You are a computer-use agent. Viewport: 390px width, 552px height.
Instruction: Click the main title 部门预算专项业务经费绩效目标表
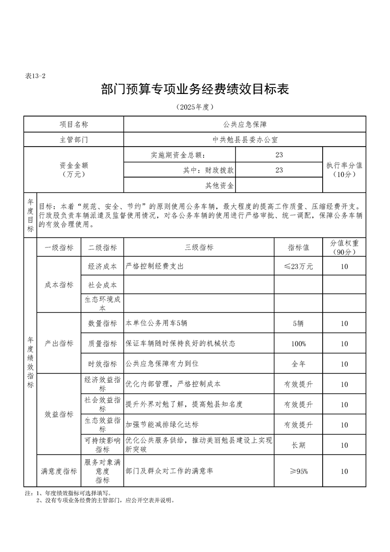point(195,90)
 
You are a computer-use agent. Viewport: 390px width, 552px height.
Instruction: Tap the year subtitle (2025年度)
point(195,107)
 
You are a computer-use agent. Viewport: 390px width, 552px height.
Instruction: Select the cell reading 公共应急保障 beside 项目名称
point(244,125)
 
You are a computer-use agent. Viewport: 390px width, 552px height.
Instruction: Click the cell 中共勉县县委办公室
point(244,140)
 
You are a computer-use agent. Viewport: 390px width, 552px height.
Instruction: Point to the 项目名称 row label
point(74,125)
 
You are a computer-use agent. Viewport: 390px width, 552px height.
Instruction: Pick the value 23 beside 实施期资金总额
point(279,155)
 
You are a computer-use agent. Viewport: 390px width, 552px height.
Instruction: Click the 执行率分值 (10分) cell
point(344,170)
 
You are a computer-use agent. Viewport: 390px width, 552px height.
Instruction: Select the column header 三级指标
point(199,247)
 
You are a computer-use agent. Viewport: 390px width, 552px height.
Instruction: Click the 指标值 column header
point(298,247)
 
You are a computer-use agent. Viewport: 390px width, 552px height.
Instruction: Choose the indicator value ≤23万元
point(298,266)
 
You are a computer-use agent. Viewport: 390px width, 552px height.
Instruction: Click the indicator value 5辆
point(298,323)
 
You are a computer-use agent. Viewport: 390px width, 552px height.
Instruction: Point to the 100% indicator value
point(298,343)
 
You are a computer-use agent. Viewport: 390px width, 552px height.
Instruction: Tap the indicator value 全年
point(298,364)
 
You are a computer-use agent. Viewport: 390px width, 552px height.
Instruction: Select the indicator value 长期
point(298,445)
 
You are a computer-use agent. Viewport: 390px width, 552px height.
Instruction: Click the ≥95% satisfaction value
point(298,471)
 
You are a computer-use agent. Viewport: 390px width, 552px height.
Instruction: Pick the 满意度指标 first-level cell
point(59,471)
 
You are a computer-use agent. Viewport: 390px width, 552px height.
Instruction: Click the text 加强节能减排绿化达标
point(162,425)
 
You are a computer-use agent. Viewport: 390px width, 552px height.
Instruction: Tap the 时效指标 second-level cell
point(102,364)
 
